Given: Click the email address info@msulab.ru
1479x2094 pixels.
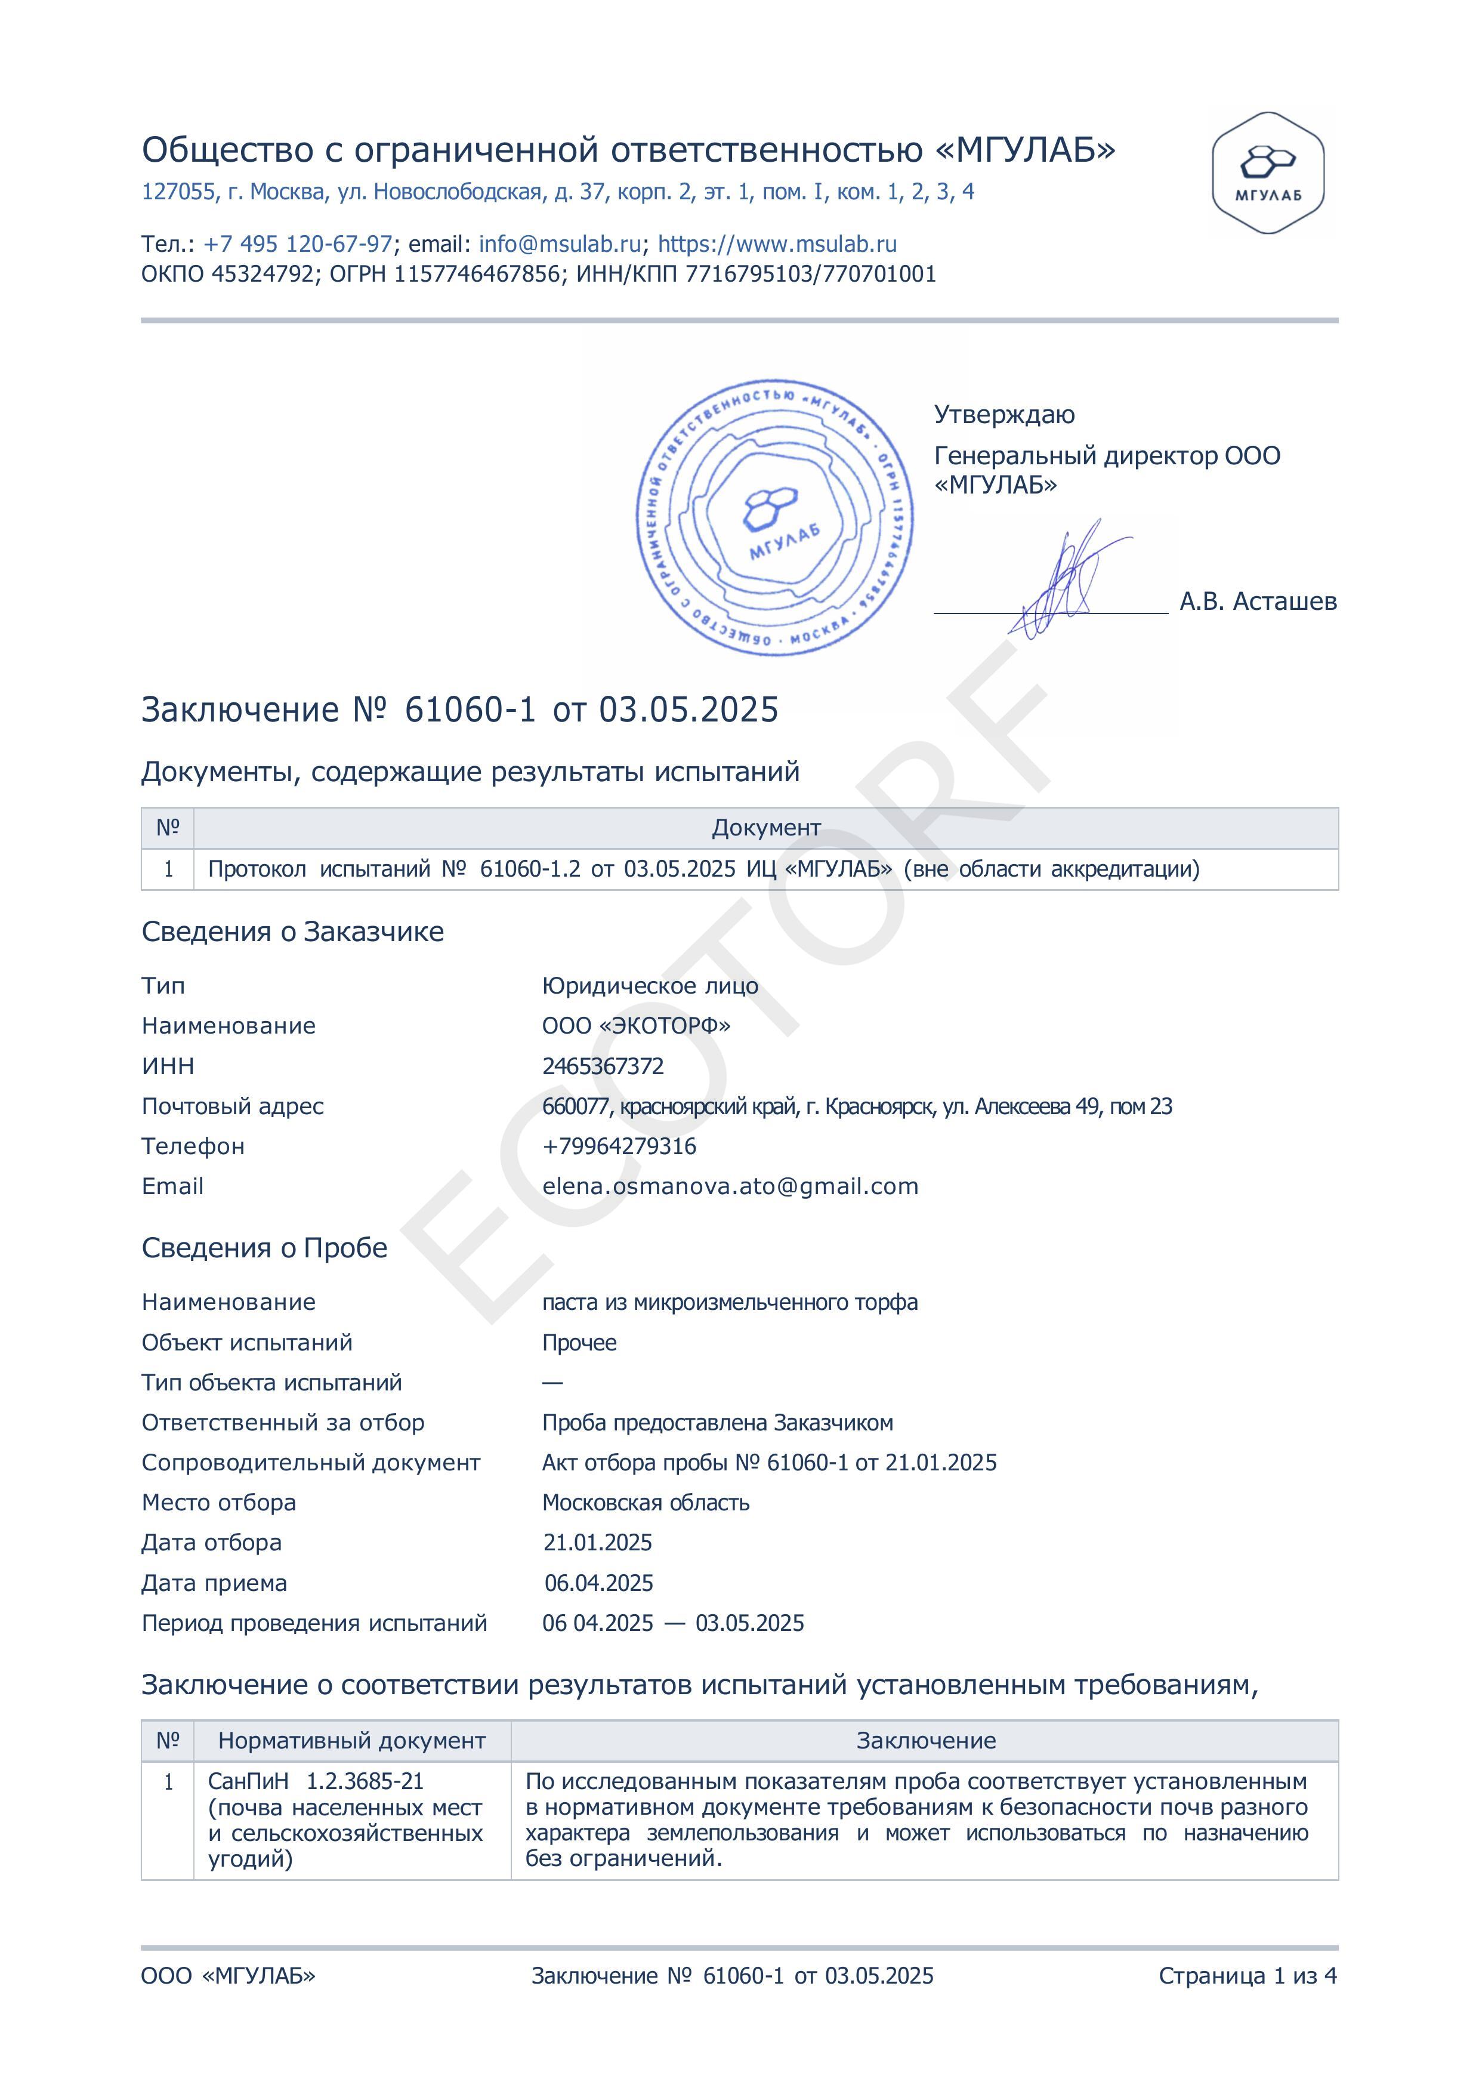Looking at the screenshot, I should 560,245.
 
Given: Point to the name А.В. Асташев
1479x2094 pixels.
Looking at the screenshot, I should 1258,601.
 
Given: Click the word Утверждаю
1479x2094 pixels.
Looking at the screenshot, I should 1004,415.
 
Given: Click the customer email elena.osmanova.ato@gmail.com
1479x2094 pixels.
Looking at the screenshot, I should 730,1186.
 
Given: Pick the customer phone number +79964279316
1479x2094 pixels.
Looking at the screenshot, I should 619,1146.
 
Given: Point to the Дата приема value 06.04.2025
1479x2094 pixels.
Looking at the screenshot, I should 599,1583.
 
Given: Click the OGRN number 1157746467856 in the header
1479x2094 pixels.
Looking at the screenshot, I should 477,275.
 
